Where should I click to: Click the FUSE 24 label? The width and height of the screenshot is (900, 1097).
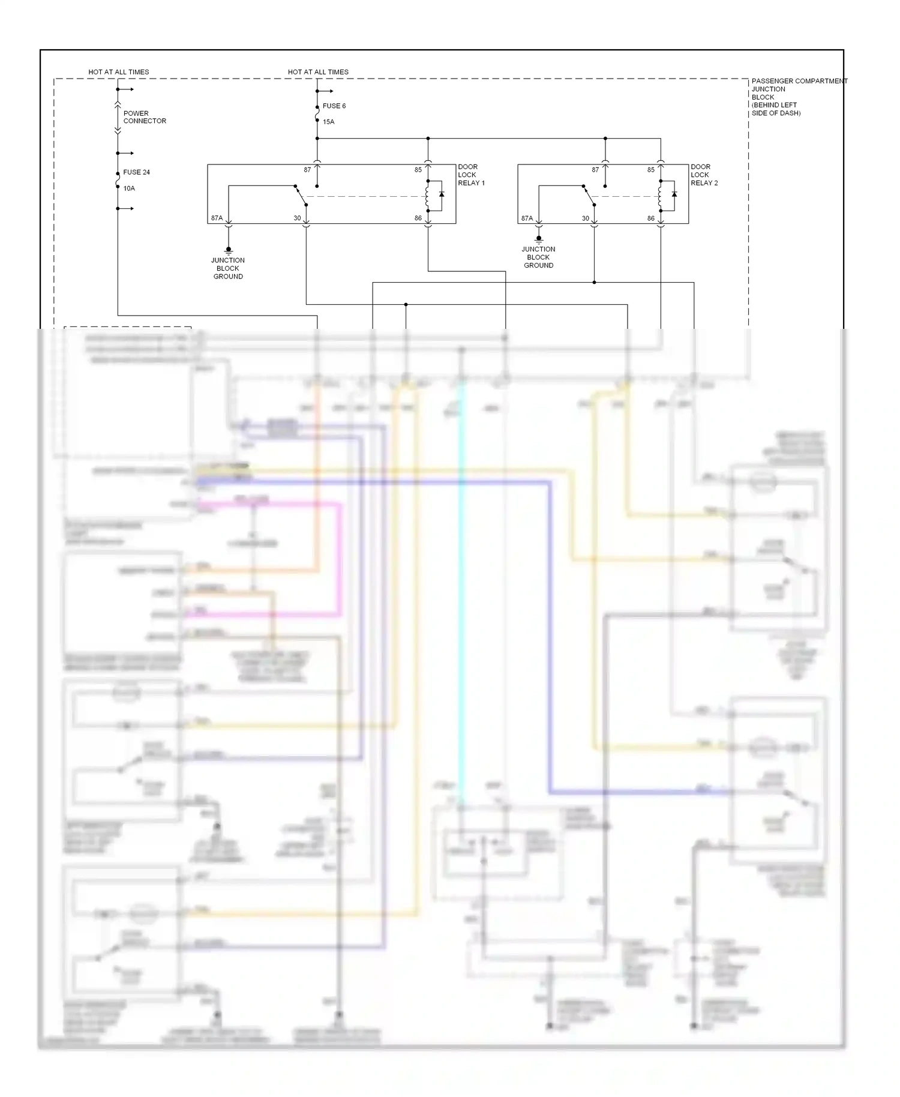point(136,172)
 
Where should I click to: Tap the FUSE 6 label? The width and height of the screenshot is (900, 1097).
point(334,106)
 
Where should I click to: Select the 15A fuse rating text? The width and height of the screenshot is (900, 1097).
point(328,122)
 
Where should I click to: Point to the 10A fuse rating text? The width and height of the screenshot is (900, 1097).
point(129,188)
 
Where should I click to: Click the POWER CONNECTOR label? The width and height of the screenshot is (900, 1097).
point(145,117)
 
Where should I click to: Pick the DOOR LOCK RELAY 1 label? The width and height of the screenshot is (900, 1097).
point(471,175)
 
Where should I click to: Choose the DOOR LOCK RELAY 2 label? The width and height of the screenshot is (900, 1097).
point(704,175)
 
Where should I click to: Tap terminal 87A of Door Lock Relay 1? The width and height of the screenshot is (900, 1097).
point(217,218)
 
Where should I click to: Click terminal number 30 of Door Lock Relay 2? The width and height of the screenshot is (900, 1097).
point(585,218)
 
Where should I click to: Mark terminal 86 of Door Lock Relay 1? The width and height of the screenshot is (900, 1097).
point(418,218)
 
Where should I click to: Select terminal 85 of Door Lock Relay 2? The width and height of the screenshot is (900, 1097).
point(650,170)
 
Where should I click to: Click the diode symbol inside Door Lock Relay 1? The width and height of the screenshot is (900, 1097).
point(442,194)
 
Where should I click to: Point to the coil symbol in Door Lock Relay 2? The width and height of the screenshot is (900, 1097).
point(660,195)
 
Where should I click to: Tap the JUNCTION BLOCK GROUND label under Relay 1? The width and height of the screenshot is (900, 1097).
point(228,268)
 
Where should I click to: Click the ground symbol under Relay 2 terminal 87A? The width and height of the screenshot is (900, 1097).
point(539,239)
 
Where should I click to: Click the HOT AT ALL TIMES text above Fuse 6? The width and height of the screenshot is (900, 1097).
point(318,72)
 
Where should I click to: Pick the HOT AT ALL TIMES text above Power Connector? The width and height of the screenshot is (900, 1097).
point(119,72)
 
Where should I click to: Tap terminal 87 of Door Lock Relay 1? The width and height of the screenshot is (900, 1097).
point(307,170)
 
